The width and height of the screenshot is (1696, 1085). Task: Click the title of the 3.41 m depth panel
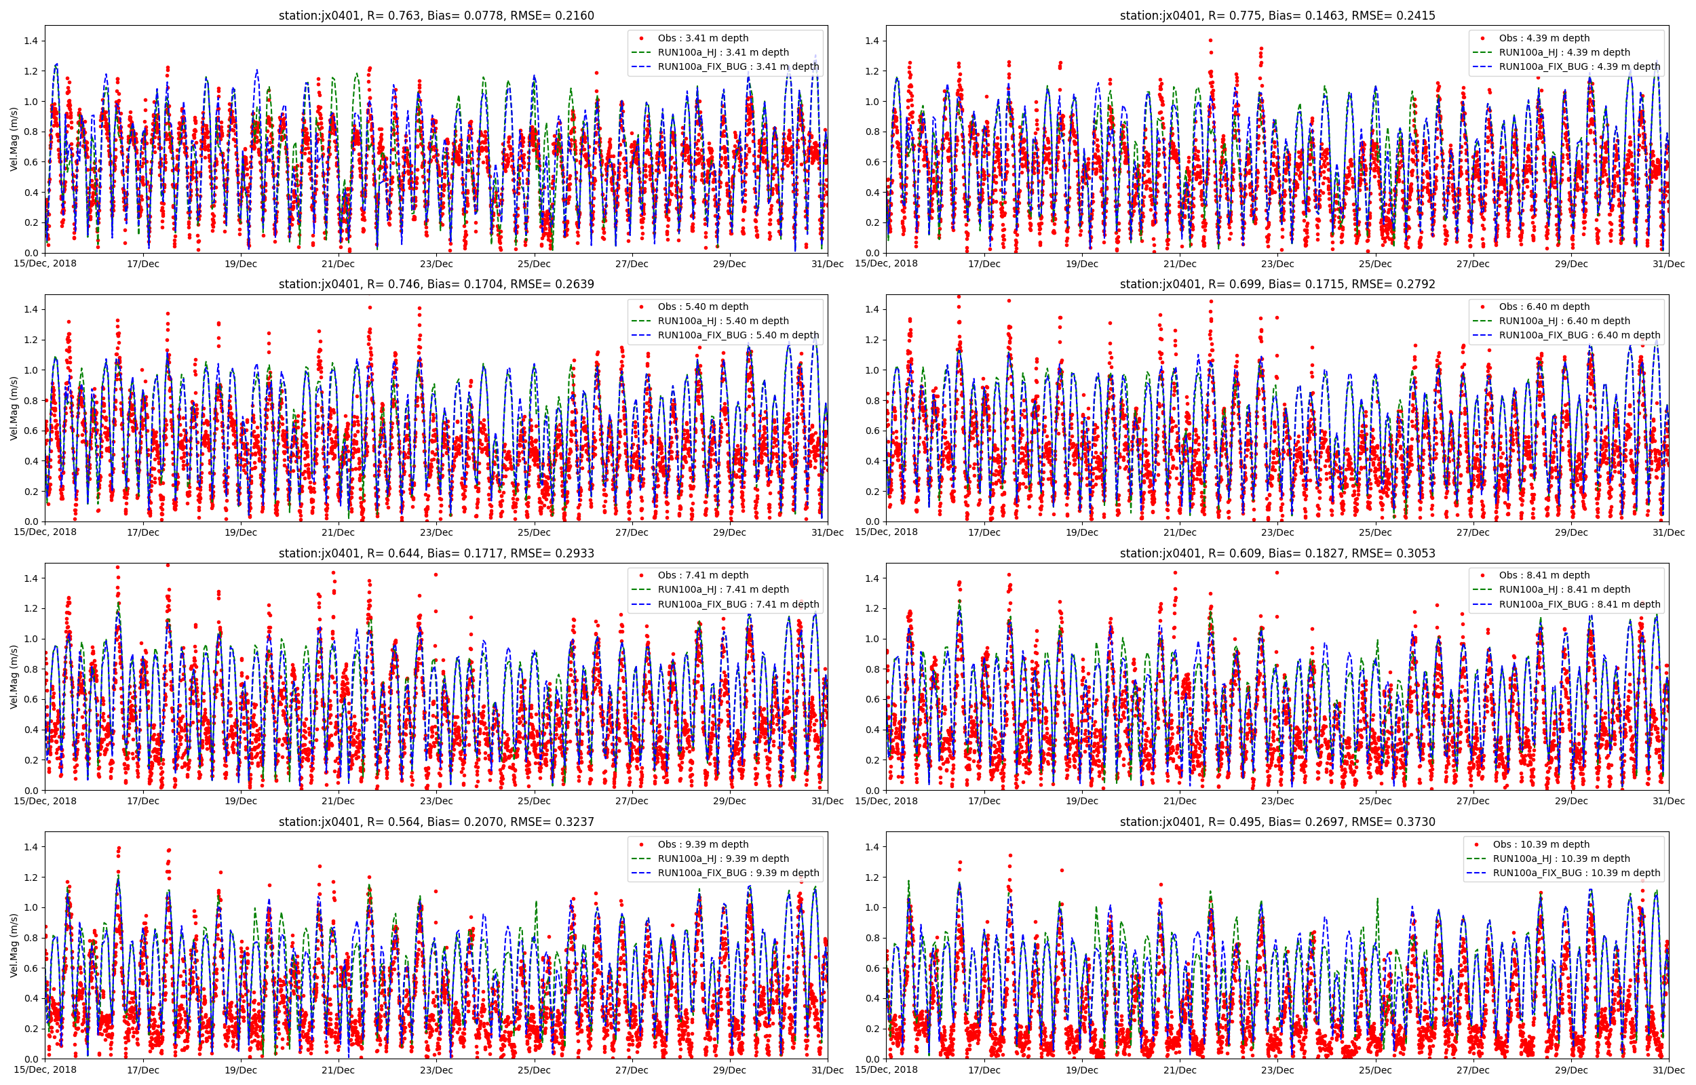(436, 16)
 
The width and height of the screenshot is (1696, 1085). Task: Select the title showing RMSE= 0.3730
(1277, 821)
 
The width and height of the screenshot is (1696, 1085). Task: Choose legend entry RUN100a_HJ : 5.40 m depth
(723, 321)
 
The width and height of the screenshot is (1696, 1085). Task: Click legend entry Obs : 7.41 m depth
(703, 575)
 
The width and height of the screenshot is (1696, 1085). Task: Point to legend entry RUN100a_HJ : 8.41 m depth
(1564, 590)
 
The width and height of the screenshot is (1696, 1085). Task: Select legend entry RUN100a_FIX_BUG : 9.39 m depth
(737, 873)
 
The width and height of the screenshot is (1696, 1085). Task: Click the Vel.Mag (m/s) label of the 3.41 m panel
(14, 140)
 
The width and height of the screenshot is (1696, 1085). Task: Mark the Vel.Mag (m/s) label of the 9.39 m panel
(14, 945)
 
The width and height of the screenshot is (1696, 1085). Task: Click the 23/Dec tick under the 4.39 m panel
(1277, 264)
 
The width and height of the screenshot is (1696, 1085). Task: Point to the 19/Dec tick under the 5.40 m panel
(240, 532)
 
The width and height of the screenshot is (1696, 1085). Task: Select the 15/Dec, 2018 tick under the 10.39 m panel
(887, 1069)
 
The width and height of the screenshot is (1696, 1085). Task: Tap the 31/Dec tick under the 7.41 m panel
(827, 801)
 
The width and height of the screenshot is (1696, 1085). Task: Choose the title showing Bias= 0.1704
(436, 284)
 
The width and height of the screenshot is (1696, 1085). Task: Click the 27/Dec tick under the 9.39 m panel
(632, 1070)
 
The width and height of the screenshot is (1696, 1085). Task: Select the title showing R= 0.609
(1277, 553)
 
